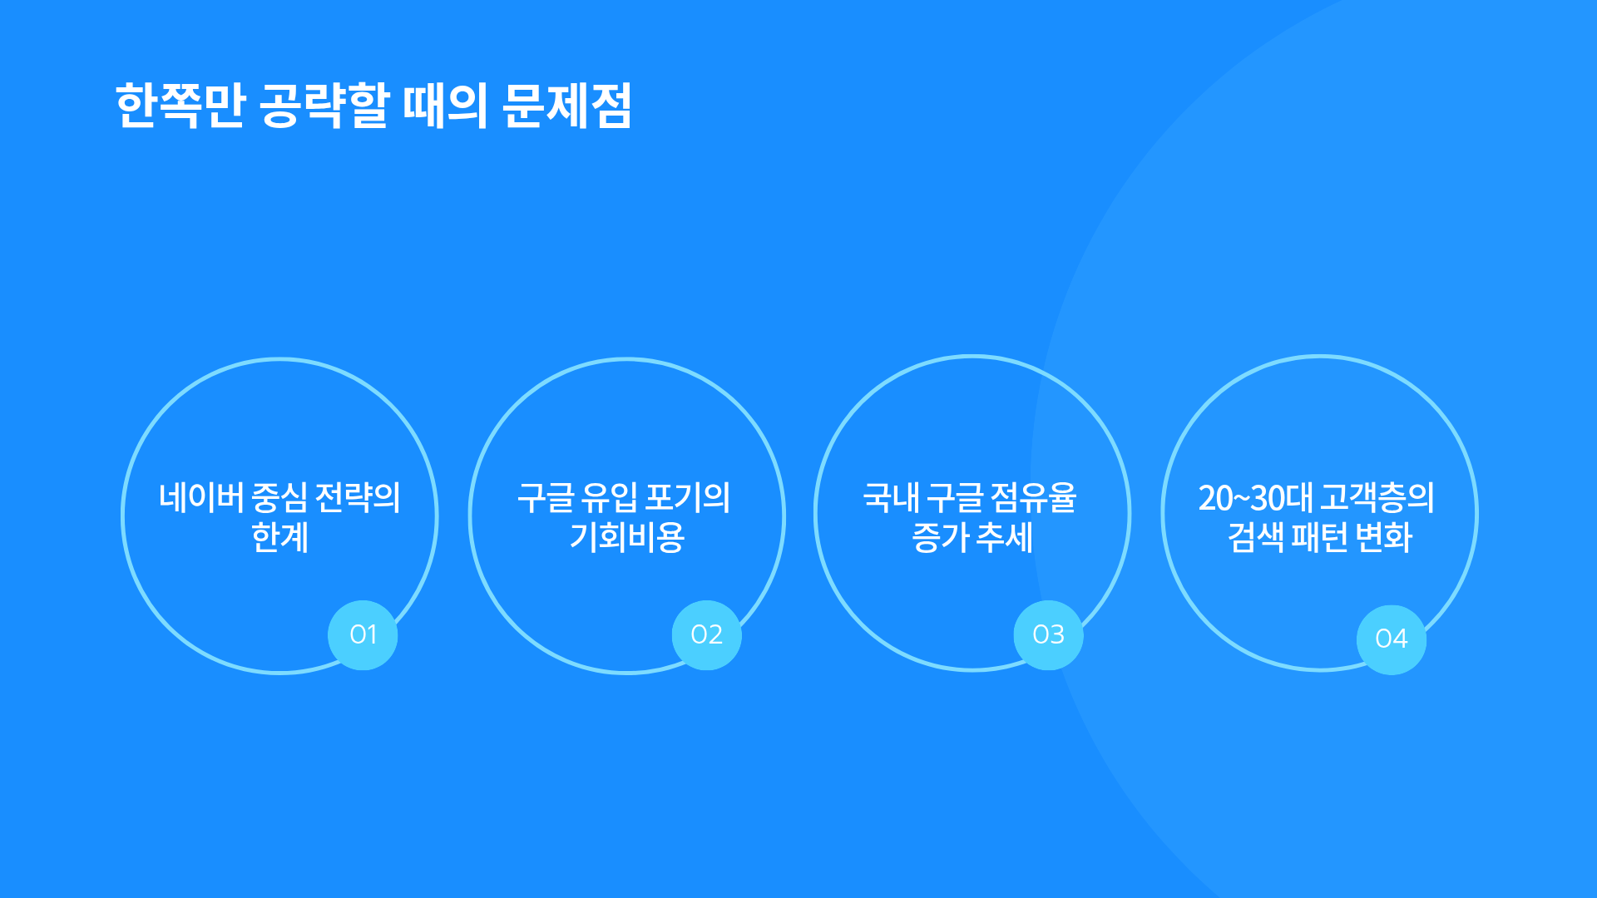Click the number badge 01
363,635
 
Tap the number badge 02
706,635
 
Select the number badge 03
1048,635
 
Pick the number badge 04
1392,639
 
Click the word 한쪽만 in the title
180,106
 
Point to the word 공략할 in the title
324,106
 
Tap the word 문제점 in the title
567,106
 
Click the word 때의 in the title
445,106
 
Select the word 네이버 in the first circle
201,498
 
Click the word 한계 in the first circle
280,537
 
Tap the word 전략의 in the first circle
358,498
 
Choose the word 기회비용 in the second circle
627,537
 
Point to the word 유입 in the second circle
609,498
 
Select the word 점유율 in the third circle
1034,498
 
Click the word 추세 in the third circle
1004,537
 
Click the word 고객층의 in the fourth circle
1377,498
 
